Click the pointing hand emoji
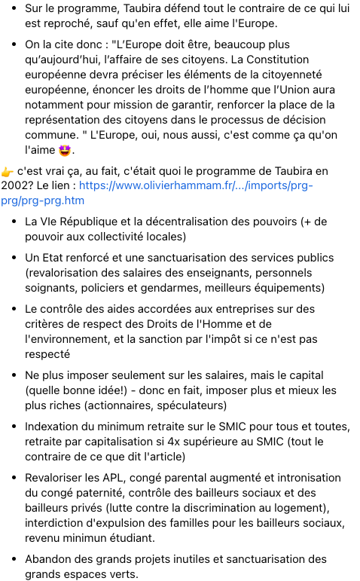[8, 171]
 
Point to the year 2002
[20, 185]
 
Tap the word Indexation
[53, 427]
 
